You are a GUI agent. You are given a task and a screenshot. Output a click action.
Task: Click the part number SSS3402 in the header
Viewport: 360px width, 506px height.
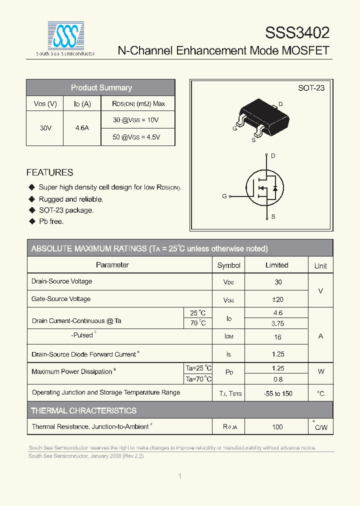[297, 33]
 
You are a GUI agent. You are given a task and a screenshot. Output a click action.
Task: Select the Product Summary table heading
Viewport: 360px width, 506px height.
[101, 88]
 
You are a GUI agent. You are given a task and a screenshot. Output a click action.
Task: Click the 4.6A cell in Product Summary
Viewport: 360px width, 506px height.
[82, 128]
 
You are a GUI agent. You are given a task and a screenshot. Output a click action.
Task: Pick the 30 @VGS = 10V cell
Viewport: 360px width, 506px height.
[135, 120]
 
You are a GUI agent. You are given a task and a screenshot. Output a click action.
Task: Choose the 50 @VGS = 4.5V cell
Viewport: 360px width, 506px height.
[136, 137]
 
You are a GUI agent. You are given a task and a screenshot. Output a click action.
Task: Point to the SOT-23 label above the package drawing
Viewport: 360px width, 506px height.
[311, 88]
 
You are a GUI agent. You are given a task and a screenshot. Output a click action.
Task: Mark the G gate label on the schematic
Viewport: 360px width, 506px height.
[224, 196]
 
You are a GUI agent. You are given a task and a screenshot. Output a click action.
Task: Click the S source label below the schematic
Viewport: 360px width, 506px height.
[273, 217]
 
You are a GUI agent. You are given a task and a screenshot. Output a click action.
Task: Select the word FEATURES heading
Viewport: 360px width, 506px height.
[49, 172]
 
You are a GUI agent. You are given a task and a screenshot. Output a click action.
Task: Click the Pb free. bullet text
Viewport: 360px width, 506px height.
[51, 221]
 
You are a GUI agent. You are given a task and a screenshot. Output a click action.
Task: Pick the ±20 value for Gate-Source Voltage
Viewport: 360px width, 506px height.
[277, 299]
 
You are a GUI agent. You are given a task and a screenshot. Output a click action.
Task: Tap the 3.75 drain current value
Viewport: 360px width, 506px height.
[277, 323]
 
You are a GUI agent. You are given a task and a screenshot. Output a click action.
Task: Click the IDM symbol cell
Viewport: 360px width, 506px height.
[228, 336]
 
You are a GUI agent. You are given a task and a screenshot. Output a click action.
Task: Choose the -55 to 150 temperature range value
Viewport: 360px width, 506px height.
[277, 393]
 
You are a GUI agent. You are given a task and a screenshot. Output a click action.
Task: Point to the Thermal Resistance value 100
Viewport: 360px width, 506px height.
[277, 427]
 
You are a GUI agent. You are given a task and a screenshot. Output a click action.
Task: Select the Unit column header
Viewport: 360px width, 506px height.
[320, 266]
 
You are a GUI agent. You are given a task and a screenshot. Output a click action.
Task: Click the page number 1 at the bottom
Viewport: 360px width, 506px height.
[179, 476]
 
